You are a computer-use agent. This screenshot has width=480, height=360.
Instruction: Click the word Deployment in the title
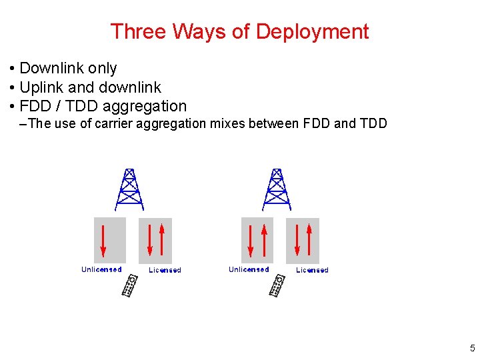click(312, 31)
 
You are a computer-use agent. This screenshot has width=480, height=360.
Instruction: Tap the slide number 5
click(472, 348)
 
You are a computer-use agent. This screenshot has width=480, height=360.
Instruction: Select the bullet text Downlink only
click(68, 68)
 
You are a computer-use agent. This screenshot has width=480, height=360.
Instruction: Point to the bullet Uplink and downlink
click(90, 87)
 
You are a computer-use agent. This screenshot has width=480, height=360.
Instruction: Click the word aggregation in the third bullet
click(148, 106)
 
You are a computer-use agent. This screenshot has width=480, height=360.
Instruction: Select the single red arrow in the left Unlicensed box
click(104, 241)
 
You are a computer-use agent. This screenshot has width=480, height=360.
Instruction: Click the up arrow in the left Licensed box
click(162, 240)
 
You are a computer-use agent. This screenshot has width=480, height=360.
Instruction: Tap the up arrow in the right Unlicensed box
click(265, 240)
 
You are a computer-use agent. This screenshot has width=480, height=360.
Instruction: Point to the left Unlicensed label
click(101, 269)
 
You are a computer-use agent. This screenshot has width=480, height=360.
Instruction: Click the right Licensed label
click(313, 270)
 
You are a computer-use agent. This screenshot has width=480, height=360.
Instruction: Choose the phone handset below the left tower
click(130, 286)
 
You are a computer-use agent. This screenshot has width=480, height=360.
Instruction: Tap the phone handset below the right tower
click(277, 286)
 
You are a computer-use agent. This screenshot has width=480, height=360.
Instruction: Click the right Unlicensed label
click(249, 269)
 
